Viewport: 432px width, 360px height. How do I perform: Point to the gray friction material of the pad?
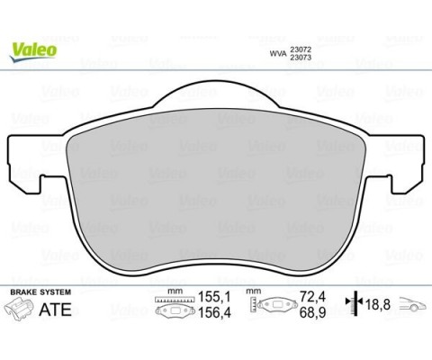point(216,189)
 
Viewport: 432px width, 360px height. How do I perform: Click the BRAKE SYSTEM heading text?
point(41,293)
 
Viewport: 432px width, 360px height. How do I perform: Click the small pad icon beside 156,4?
point(171,312)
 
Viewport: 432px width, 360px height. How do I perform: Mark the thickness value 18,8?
point(376,305)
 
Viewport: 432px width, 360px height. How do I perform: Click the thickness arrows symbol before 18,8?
point(356,305)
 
